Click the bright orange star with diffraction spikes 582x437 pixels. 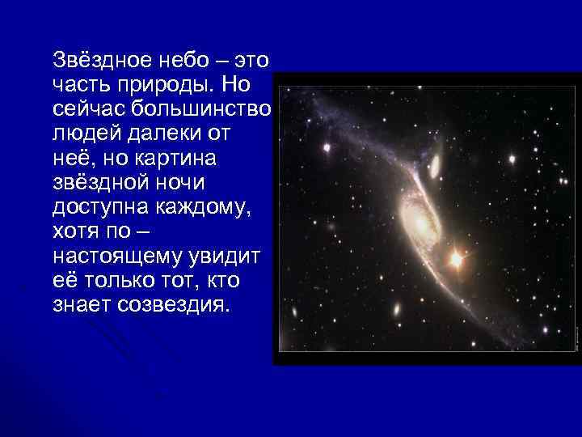456,260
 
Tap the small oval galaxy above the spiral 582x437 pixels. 434,165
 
